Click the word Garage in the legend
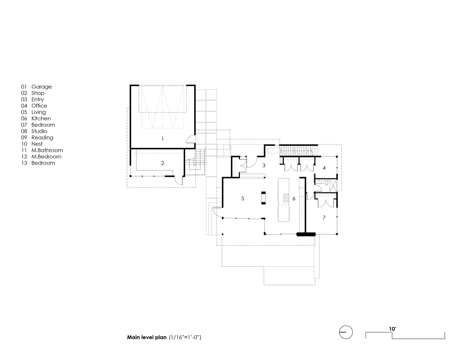point(42,87)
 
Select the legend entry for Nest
point(37,144)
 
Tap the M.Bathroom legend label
point(47,150)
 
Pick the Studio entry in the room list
point(39,131)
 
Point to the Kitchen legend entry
point(41,118)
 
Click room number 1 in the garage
point(162,139)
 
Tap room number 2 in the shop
point(162,163)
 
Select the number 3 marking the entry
point(264,166)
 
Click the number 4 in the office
point(324,168)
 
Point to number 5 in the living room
point(242,198)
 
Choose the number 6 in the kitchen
point(294,199)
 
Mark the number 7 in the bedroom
point(324,218)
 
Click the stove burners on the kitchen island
point(286,198)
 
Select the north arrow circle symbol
point(346,332)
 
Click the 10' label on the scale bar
point(393,329)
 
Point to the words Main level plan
point(147,337)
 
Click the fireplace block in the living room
point(264,198)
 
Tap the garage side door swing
point(191,139)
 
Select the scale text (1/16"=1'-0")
point(185,337)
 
